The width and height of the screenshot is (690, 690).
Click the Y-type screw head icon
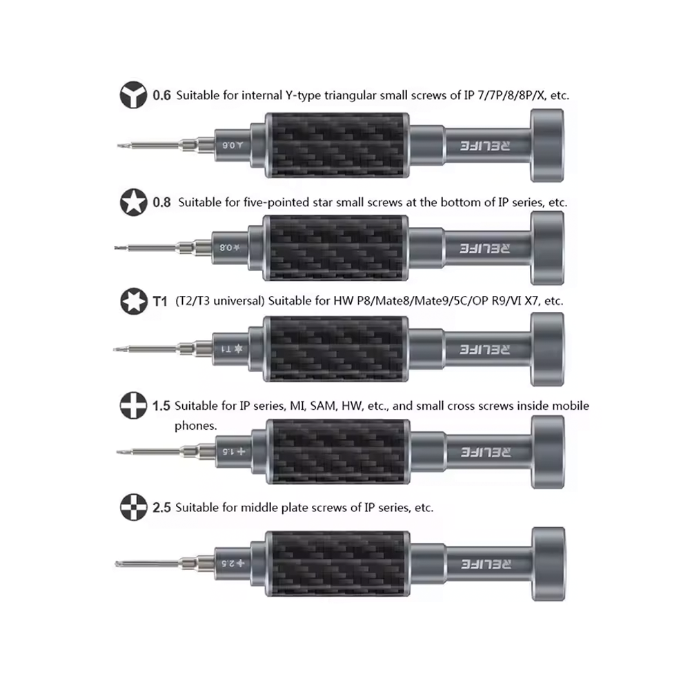tap(133, 95)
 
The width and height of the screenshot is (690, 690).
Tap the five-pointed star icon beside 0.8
tap(133, 202)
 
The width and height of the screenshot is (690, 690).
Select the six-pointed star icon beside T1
tap(134, 301)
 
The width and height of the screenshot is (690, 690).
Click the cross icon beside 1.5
tap(133, 405)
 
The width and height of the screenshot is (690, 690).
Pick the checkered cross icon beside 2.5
tap(133, 507)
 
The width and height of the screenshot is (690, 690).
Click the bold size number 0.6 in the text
tap(161, 95)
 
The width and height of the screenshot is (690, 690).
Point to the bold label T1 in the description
tap(160, 302)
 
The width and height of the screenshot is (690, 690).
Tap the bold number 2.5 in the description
tap(161, 507)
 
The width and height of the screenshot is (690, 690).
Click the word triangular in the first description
tap(351, 96)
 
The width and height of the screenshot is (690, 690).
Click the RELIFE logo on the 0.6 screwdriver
tap(485, 146)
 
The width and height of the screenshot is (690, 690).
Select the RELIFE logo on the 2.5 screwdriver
tap(486, 564)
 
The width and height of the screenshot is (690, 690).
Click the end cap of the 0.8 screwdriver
tap(547, 248)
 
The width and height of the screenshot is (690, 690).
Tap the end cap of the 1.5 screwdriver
tap(548, 452)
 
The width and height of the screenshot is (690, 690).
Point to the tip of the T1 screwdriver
tap(115, 349)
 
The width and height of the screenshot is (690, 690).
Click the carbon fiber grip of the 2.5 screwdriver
tap(338, 564)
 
